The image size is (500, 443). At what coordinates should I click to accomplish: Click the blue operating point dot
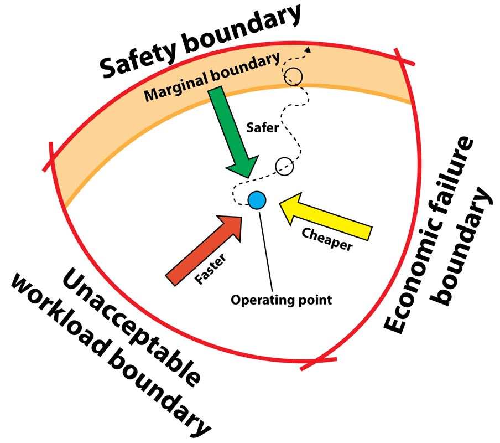click(x=257, y=200)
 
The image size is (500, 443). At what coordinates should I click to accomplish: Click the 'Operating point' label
click(x=282, y=300)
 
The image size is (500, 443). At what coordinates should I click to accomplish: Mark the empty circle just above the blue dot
click(x=284, y=165)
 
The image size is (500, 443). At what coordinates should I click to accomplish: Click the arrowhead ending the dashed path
click(x=309, y=49)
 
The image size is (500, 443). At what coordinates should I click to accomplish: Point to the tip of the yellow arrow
click(x=282, y=205)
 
